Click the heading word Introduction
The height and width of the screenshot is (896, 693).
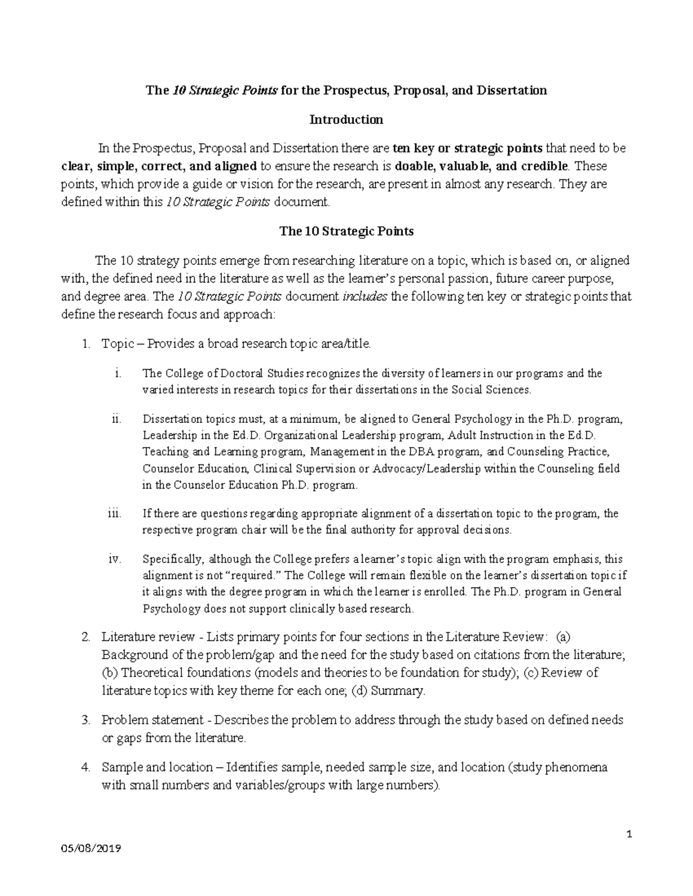pyautogui.click(x=346, y=120)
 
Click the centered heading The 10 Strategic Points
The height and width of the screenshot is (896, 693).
pyautogui.click(x=346, y=231)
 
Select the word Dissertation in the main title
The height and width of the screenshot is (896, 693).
pyautogui.click(x=510, y=91)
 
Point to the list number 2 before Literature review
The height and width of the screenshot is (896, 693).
pyautogui.click(x=85, y=637)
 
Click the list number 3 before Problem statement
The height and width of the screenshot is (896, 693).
pyautogui.click(x=85, y=720)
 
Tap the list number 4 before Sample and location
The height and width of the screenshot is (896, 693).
pyautogui.click(x=85, y=767)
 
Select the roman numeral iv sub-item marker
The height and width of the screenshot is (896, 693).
pyautogui.click(x=114, y=558)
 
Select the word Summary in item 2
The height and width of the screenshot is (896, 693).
pyautogui.click(x=397, y=691)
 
